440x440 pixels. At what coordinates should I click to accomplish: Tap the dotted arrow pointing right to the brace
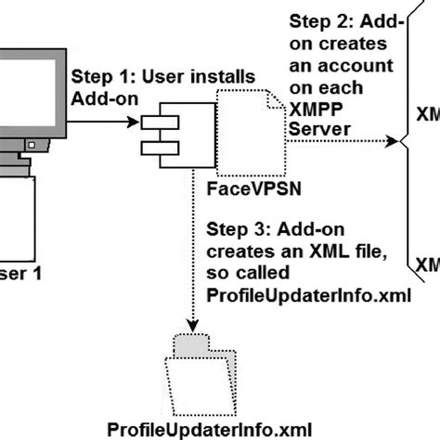click(x=343, y=141)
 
